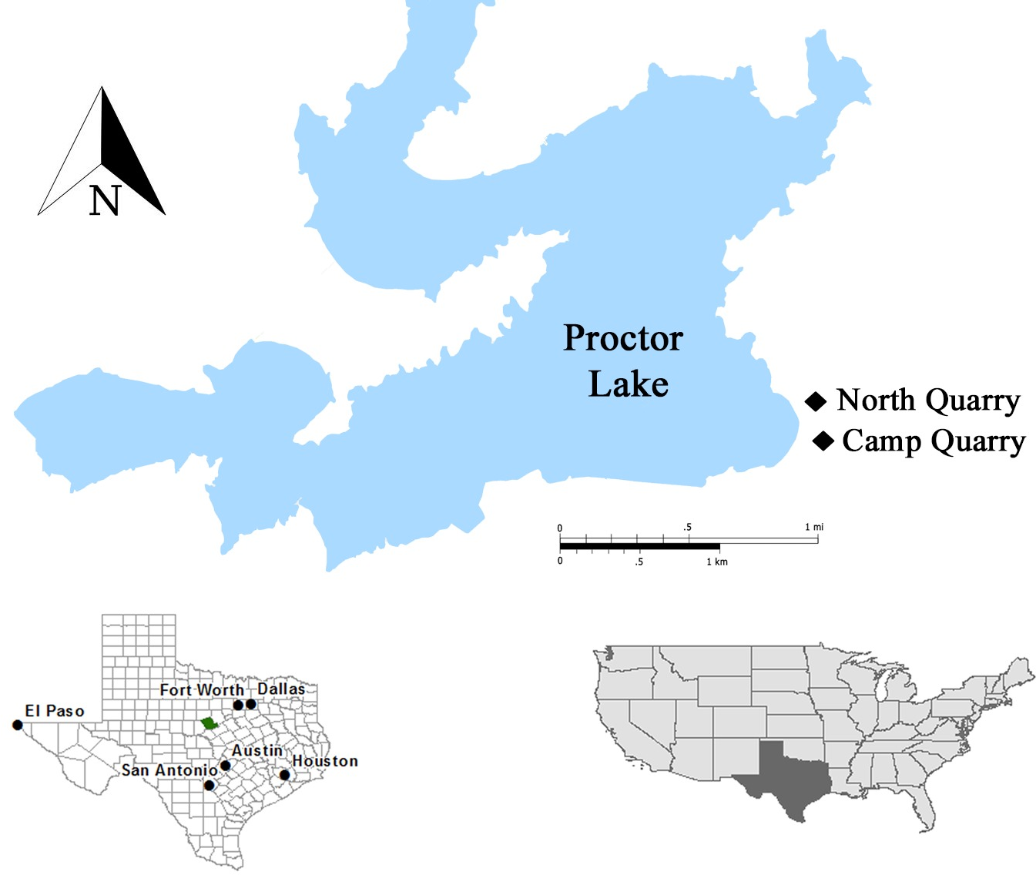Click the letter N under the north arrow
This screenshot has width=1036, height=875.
pyautogui.click(x=105, y=201)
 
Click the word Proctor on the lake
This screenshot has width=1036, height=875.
pyautogui.click(x=623, y=338)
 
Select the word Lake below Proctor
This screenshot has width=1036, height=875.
pyautogui.click(x=629, y=384)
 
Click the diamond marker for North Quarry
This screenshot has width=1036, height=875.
pyautogui.click(x=816, y=401)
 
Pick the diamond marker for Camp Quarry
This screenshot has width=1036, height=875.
pyautogui.click(x=823, y=441)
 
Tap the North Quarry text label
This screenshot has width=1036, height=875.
pyautogui.click(x=928, y=401)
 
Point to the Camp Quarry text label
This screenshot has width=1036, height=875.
pyautogui.click(x=934, y=441)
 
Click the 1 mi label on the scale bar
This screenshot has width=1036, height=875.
pyautogui.click(x=813, y=527)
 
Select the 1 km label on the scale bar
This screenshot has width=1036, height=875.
pyautogui.click(x=716, y=562)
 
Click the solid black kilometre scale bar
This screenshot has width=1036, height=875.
pyautogui.click(x=639, y=546)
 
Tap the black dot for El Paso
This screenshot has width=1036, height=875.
pyautogui.click(x=17, y=725)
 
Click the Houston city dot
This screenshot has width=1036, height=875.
pyautogui.click(x=284, y=775)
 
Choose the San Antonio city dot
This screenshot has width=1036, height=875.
pyautogui.click(x=209, y=786)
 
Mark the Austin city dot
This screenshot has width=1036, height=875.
pyautogui.click(x=225, y=766)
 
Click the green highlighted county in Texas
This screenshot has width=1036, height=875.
pyautogui.click(x=208, y=723)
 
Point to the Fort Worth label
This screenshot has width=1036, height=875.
pyautogui.click(x=201, y=690)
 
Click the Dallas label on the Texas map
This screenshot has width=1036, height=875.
pyautogui.click(x=280, y=689)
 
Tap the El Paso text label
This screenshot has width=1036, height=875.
pyautogui.click(x=54, y=711)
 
